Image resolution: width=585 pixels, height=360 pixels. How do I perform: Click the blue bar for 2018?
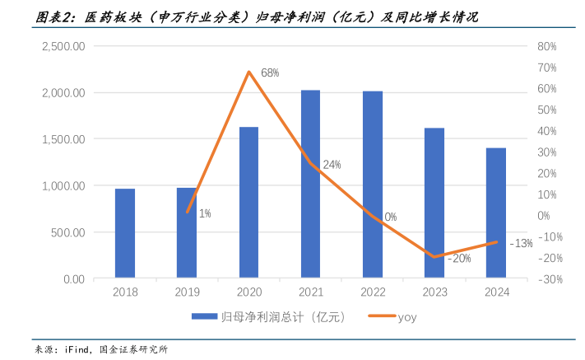[x=125, y=234]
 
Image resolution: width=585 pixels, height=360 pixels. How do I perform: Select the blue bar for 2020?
[x=248, y=203]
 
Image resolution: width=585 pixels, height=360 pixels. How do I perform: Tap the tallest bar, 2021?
[x=310, y=185]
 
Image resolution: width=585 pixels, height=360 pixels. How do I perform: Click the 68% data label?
[x=270, y=73]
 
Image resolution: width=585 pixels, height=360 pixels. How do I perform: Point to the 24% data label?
[x=332, y=165]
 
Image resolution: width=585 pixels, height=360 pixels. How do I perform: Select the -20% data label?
[x=459, y=259]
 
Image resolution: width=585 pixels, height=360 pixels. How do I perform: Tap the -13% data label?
[x=521, y=243]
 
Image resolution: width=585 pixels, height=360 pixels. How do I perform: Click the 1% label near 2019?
[x=205, y=213]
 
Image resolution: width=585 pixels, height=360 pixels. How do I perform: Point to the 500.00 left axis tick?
[x=69, y=232]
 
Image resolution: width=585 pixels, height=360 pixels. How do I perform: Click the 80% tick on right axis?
[x=549, y=46]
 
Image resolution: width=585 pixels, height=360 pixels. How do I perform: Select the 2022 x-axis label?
[x=373, y=292]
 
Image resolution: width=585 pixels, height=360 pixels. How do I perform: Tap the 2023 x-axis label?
[x=434, y=292]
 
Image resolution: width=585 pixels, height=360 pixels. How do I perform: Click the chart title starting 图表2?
[x=247, y=16]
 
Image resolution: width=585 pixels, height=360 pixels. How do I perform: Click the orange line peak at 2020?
[x=248, y=72]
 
